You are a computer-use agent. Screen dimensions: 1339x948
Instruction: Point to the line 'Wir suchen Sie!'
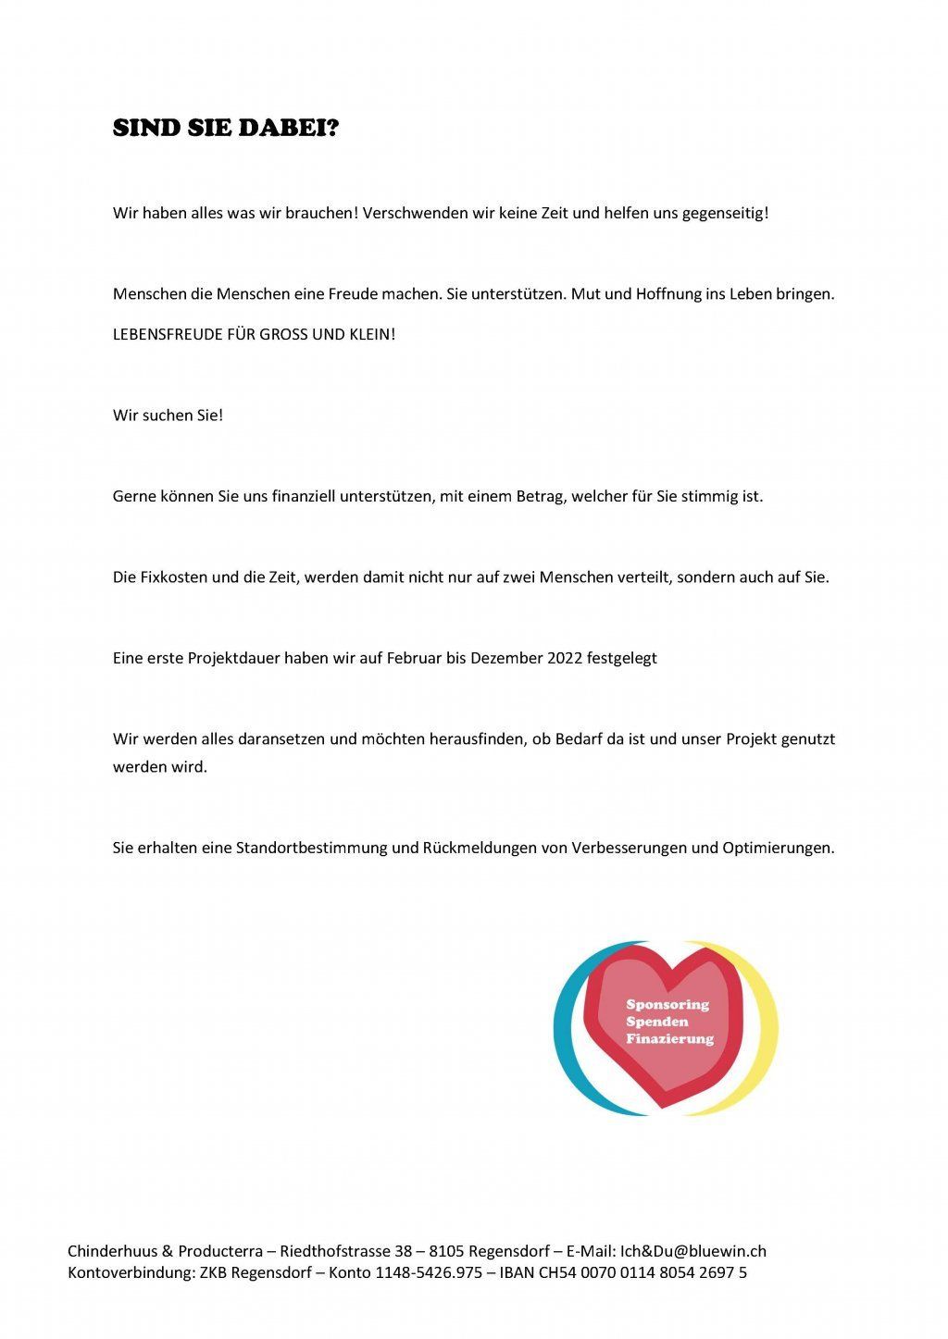click(168, 415)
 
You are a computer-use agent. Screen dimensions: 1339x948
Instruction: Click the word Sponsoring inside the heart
click(667, 1005)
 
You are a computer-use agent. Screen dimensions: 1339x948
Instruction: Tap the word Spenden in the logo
click(657, 1022)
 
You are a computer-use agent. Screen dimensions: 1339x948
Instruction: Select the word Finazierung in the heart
click(670, 1039)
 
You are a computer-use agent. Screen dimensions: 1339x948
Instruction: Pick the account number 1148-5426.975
click(429, 1273)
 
